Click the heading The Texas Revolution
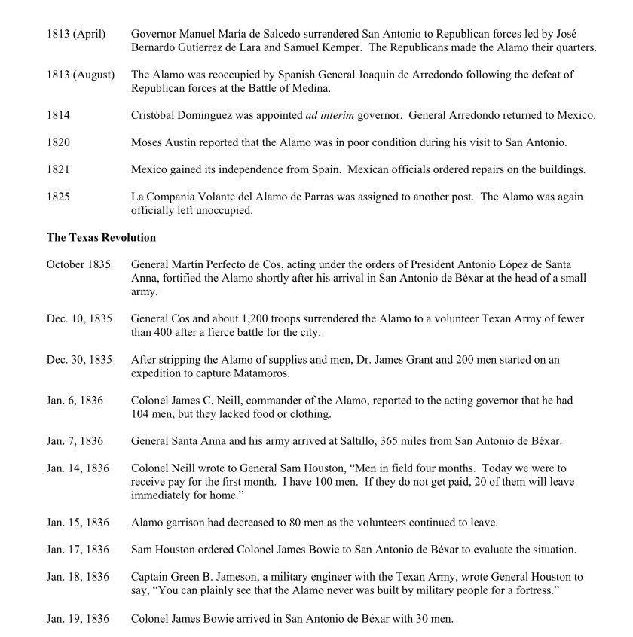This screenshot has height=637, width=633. coord(101,238)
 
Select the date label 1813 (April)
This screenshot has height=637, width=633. coord(75,35)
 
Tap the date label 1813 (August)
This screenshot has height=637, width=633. coord(80,75)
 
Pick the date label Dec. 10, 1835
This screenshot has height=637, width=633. coord(78,318)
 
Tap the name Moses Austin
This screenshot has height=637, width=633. coord(164,143)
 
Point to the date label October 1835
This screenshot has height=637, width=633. coord(78,264)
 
